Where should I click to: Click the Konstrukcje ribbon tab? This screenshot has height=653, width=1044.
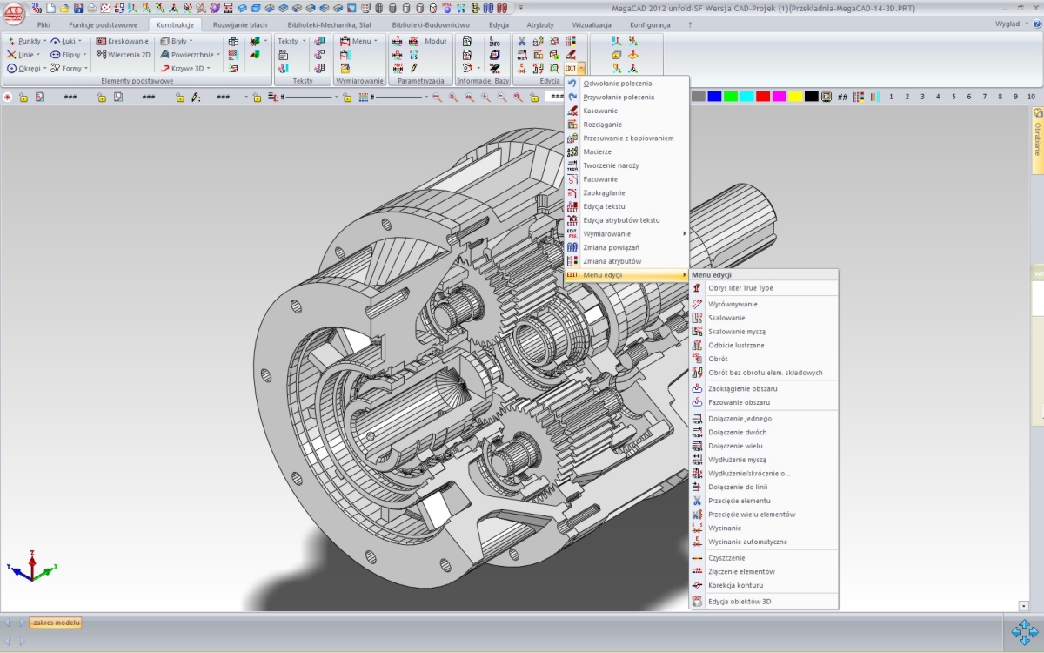175,25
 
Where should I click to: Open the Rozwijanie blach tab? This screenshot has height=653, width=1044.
240,25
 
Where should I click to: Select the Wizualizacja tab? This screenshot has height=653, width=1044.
591,25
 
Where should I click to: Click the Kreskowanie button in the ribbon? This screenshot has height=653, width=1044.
123,41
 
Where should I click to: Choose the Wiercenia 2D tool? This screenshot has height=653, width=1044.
124,54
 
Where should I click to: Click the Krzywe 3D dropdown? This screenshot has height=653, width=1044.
184,68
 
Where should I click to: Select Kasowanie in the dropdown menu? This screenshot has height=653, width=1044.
600,111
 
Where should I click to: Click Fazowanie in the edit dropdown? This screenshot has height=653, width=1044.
600,179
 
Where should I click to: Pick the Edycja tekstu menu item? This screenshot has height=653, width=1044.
604,206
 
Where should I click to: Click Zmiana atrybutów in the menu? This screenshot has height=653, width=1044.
612,261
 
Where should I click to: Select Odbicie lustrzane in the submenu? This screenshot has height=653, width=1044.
736,346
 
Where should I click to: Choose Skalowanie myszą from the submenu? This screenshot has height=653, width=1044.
736,332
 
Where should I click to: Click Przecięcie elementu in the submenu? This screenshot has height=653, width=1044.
739,501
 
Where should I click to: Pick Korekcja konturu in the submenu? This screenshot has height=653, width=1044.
735,585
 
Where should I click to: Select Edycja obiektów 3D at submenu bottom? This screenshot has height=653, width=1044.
739,602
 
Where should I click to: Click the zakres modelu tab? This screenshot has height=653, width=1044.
56,623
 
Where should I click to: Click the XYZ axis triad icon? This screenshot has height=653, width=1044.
31,566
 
